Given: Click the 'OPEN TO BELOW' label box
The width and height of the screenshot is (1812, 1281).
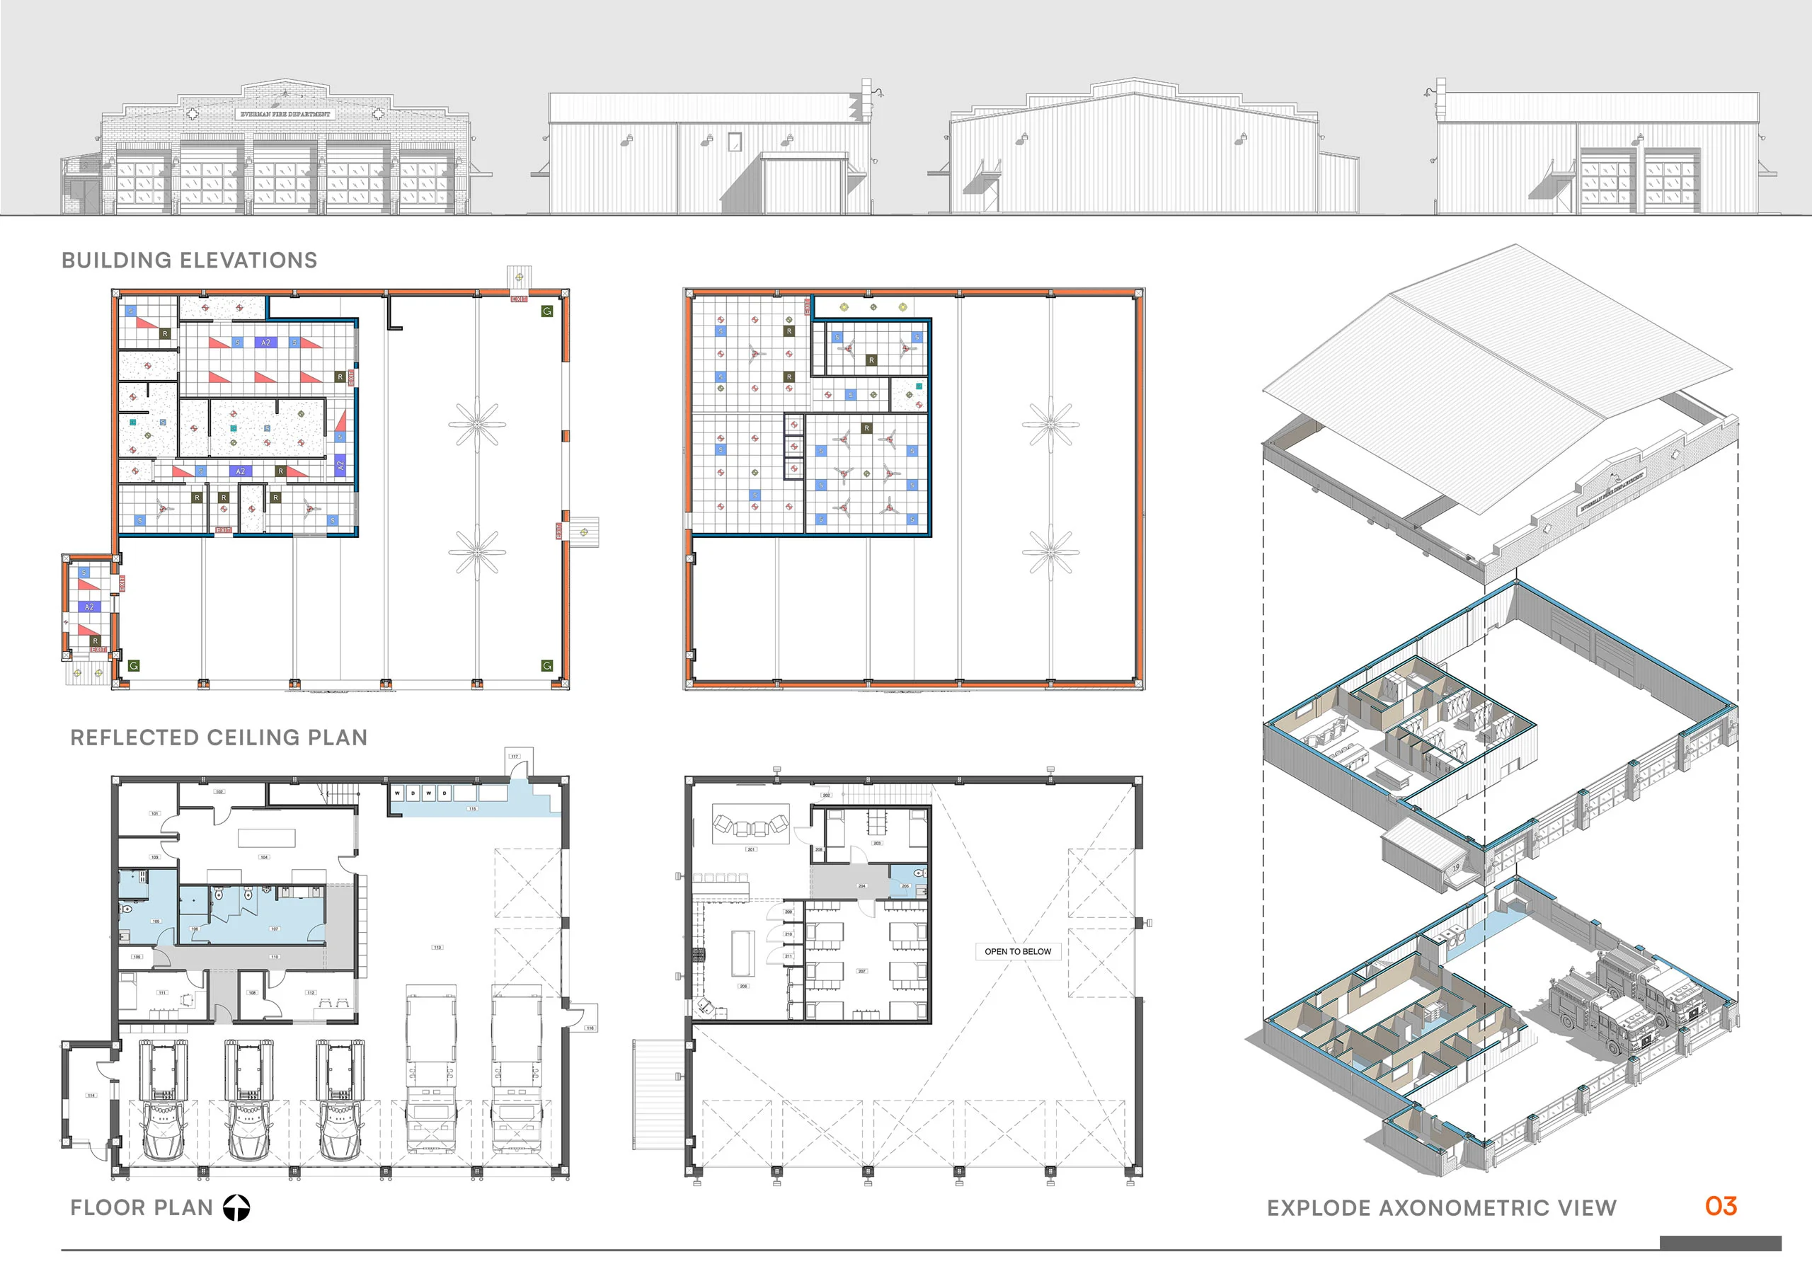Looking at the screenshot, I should pyautogui.click(x=1017, y=951).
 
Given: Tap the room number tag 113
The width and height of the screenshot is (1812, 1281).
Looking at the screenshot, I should pyautogui.click(x=437, y=947).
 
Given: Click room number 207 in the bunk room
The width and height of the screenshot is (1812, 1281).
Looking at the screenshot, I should pyautogui.click(x=862, y=971).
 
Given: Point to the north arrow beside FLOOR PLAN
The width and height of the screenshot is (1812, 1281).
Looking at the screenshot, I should pyautogui.click(x=236, y=1207).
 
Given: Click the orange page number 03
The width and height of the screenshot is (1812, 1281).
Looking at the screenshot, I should pyautogui.click(x=1721, y=1206).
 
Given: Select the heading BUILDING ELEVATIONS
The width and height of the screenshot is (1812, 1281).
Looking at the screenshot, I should pyautogui.click(x=190, y=260).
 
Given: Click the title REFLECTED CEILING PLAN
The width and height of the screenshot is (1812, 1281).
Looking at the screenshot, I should pyautogui.click(x=219, y=737).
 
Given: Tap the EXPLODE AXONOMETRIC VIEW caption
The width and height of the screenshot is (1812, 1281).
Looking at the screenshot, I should pyautogui.click(x=1441, y=1207).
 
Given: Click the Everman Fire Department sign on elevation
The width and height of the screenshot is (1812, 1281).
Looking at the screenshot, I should pyautogui.click(x=285, y=115).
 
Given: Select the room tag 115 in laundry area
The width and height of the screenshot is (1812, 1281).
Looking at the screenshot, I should pyautogui.click(x=472, y=808).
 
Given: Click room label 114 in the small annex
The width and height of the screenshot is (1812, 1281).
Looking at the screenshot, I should pyautogui.click(x=91, y=1096).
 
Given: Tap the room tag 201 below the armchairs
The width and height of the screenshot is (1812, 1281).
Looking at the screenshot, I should pyautogui.click(x=750, y=849).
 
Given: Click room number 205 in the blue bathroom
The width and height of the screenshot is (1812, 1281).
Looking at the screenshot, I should pyautogui.click(x=905, y=885).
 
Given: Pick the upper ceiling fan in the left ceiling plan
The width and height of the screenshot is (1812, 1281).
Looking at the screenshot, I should pyautogui.click(x=476, y=425).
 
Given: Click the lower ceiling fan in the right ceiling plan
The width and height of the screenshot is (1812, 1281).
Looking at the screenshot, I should pyautogui.click(x=1050, y=551).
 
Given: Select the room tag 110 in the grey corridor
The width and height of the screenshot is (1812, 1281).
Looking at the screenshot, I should pyautogui.click(x=275, y=957).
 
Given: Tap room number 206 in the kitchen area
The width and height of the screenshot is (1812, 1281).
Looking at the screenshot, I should pyautogui.click(x=742, y=986).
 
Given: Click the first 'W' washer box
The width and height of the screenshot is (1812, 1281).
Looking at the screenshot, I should pyautogui.click(x=397, y=793).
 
